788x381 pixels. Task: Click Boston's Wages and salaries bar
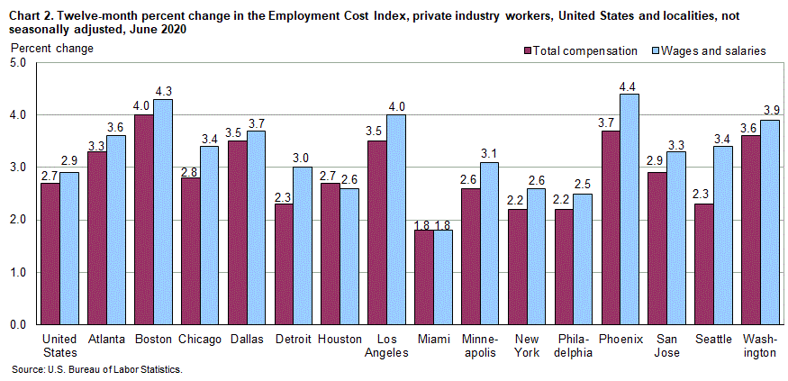[162, 212]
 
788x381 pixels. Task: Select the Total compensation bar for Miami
[424, 277]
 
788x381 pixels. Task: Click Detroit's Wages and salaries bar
[302, 246]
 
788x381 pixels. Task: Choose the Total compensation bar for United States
[50, 253]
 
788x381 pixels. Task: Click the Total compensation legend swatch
[527, 51]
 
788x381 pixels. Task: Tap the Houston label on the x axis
[340, 340]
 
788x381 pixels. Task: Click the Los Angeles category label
[388, 346]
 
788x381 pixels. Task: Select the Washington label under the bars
[762, 346]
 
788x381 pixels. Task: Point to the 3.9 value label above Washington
[770, 112]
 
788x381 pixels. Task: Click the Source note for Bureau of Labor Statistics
[96, 369]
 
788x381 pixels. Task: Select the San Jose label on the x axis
[668, 346]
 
